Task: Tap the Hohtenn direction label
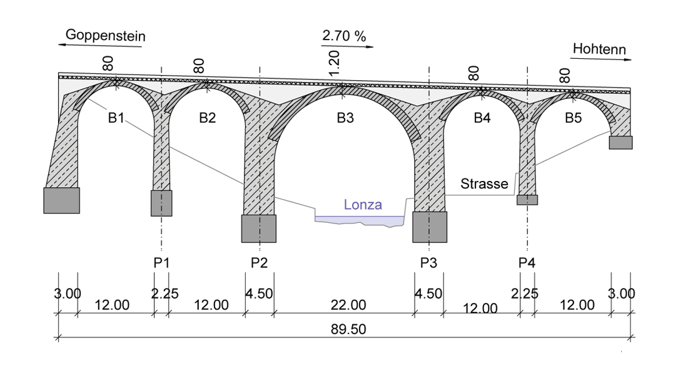(x=599, y=49)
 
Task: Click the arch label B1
(x=116, y=118)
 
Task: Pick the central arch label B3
(x=345, y=118)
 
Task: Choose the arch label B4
(x=482, y=118)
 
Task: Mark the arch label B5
(x=573, y=118)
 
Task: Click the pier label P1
(x=162, y=263)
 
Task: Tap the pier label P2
(x=259, y=263)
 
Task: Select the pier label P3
(x=428, y=263)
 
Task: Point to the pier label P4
(x=527, y=263)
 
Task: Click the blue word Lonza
(x=362, y=205)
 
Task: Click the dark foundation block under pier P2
(x=258, y=229)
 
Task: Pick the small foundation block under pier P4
(x=527, y=200)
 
